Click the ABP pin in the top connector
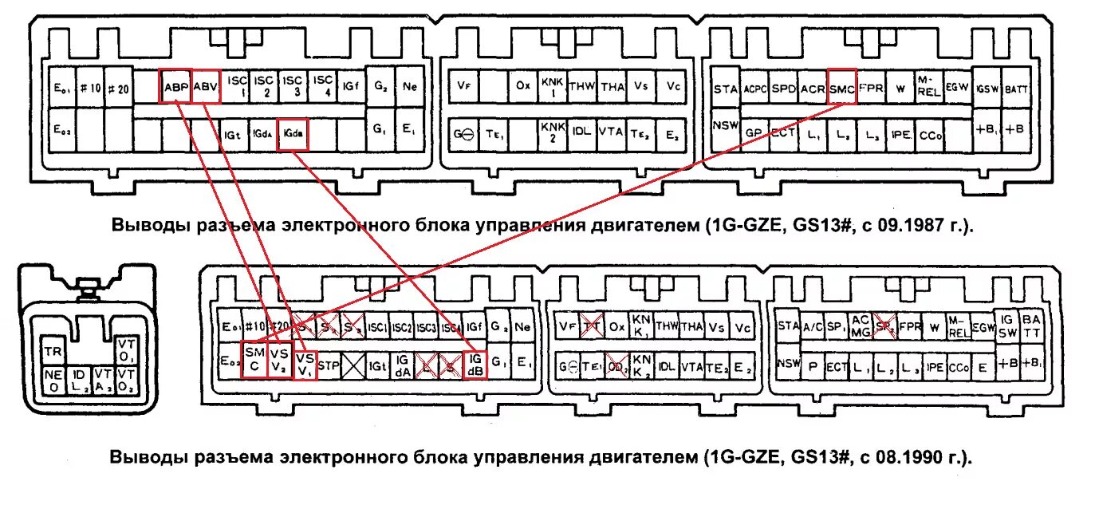click(175, 87)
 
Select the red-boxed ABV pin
click(205, 87)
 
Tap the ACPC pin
click(754, 89)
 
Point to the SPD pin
click(783, 89)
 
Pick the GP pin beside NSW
click(754, 134)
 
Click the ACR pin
click(813, 89)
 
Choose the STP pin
click(329, 365)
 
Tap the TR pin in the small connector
click(53, 352)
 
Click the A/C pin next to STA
click(813, 325)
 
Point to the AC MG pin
click(861, 325)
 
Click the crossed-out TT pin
click(591, 326)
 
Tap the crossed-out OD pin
click(615, 365)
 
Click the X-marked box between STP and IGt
click(353, 365)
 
